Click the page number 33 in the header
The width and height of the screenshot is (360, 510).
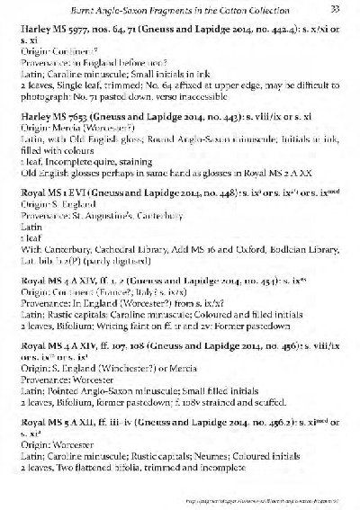tap(334, 10)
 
